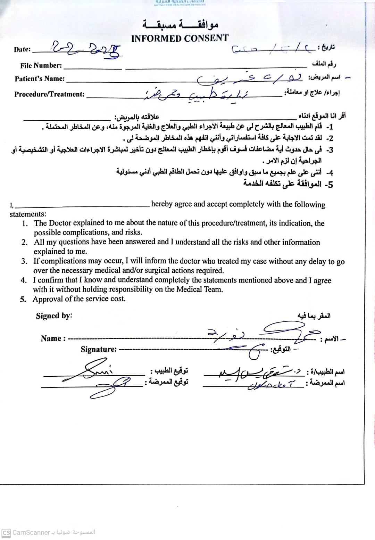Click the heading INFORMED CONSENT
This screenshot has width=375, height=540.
tap(180, 38)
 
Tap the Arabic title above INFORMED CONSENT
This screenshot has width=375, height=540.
tap(180, 24)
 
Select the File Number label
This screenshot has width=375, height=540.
tap(41, 65)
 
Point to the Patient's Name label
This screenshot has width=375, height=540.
tap(40, 79)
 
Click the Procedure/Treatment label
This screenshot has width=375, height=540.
tap(49, 94)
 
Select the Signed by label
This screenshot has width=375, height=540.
tap(54, 316)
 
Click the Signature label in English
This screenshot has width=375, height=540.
tap(99, 349)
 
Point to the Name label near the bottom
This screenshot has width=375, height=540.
tap(53, 338)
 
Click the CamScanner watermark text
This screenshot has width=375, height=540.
tap(31, 532)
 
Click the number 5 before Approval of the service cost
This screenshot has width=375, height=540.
tap(23, 299)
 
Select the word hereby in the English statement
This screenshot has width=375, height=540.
tap(162, 204)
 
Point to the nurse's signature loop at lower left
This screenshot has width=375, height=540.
tap(111, 386)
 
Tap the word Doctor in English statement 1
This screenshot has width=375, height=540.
tap(59, 223)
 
